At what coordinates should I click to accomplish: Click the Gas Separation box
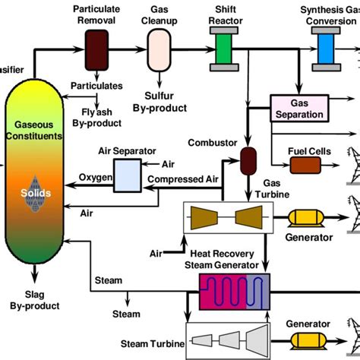pos(302,109)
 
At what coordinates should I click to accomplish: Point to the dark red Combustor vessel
pos(246,159)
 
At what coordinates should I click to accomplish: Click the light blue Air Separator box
pos(127,174)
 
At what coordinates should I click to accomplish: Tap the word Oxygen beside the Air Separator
pos(96,178)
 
